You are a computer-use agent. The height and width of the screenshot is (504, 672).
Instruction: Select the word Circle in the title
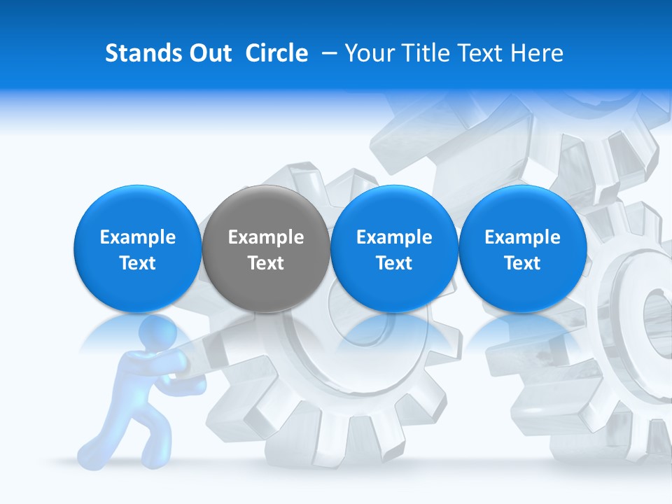pos(276,53)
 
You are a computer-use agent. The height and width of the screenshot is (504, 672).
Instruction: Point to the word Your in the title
pos(367,53)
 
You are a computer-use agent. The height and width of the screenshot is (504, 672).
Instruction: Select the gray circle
pos(265,248)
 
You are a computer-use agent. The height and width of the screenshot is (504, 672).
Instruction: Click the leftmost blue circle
pos(137,248)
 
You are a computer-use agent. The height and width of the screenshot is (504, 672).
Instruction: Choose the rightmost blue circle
pos(522,248)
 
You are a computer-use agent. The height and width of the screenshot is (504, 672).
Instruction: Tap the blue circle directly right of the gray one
pos(394,248)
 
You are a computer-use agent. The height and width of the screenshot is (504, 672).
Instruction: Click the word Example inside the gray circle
pos(266,237)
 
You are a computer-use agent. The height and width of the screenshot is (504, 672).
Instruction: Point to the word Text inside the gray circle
pos(266,263)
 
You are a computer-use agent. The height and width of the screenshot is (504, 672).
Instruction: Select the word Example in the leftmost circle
pos(138,237)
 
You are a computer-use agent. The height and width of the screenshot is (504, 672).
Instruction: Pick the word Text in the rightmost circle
pos(522,263)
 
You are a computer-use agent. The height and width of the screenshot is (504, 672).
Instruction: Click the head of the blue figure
pos(158,337)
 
